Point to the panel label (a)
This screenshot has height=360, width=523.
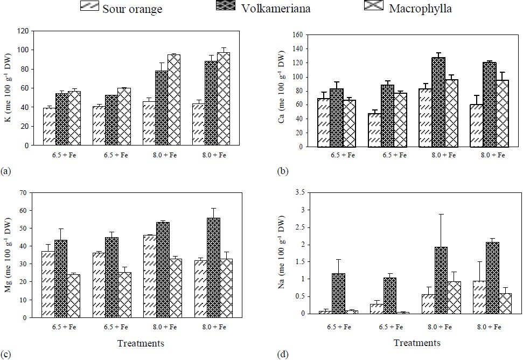[6, 171]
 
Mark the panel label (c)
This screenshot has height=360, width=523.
[6, 354]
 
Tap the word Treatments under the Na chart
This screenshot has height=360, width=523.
[417, 343]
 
